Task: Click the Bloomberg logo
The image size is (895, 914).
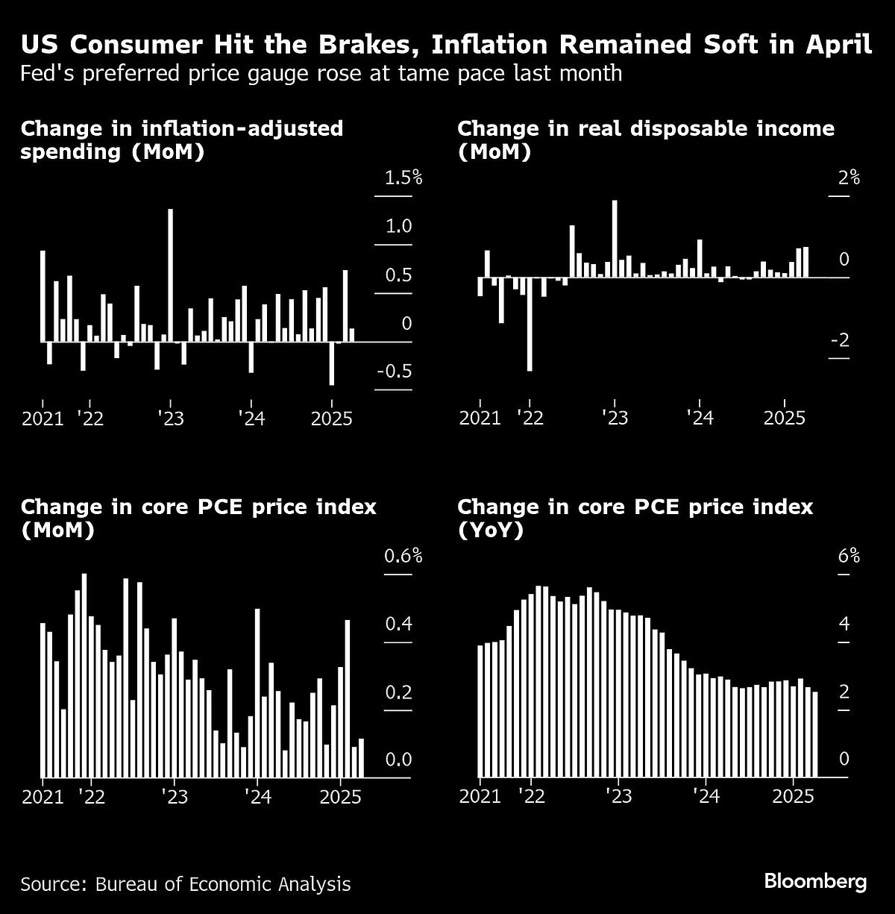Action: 815,882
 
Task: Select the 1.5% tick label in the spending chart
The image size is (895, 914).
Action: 403,178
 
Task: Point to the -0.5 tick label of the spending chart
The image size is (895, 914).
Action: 395,372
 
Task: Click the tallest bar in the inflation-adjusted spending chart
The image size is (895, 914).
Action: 170,275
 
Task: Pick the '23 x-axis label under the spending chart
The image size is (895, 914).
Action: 170,417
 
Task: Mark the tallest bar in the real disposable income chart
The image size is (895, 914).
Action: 615,238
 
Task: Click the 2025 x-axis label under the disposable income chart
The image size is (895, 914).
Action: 785,417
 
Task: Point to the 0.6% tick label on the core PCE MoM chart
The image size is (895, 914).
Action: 403,556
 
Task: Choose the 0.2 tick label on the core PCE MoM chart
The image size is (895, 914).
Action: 398,692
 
